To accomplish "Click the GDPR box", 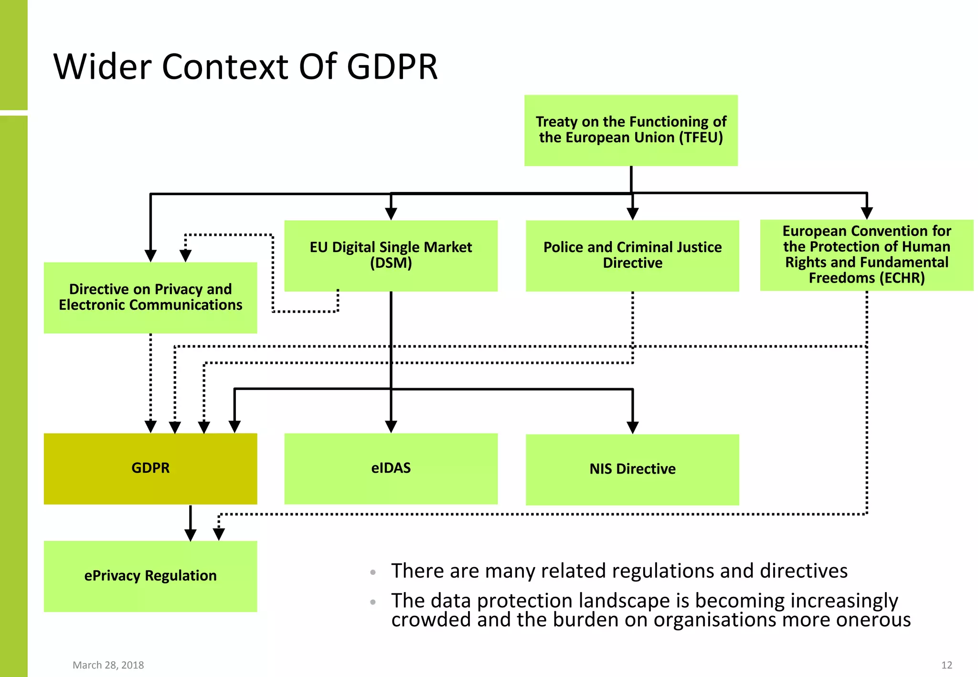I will tap(150, 468).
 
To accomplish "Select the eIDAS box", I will tap(391, 468).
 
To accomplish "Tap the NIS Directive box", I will tap(632, 469).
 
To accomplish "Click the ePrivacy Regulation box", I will tap(150, 576).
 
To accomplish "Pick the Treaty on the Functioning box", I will tap(631, 130).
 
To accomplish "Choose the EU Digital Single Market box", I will tap(391, 255).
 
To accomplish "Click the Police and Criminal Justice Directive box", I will tap(632, 255).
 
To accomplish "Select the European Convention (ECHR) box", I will tap(866, 255).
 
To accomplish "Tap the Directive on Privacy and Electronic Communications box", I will tap(150, 297).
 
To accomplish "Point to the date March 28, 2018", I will tap(108, 665).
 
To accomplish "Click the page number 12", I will tap(946, 665).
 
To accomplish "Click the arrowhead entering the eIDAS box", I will tap(391, 426).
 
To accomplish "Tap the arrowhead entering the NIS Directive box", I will tap(633, 427).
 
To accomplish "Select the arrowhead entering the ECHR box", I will tap(867, 213).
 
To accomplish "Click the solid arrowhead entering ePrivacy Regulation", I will tap(191, 535).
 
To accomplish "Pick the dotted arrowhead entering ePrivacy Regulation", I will tap(219, 534).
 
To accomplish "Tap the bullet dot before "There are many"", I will tap(373, 572).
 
